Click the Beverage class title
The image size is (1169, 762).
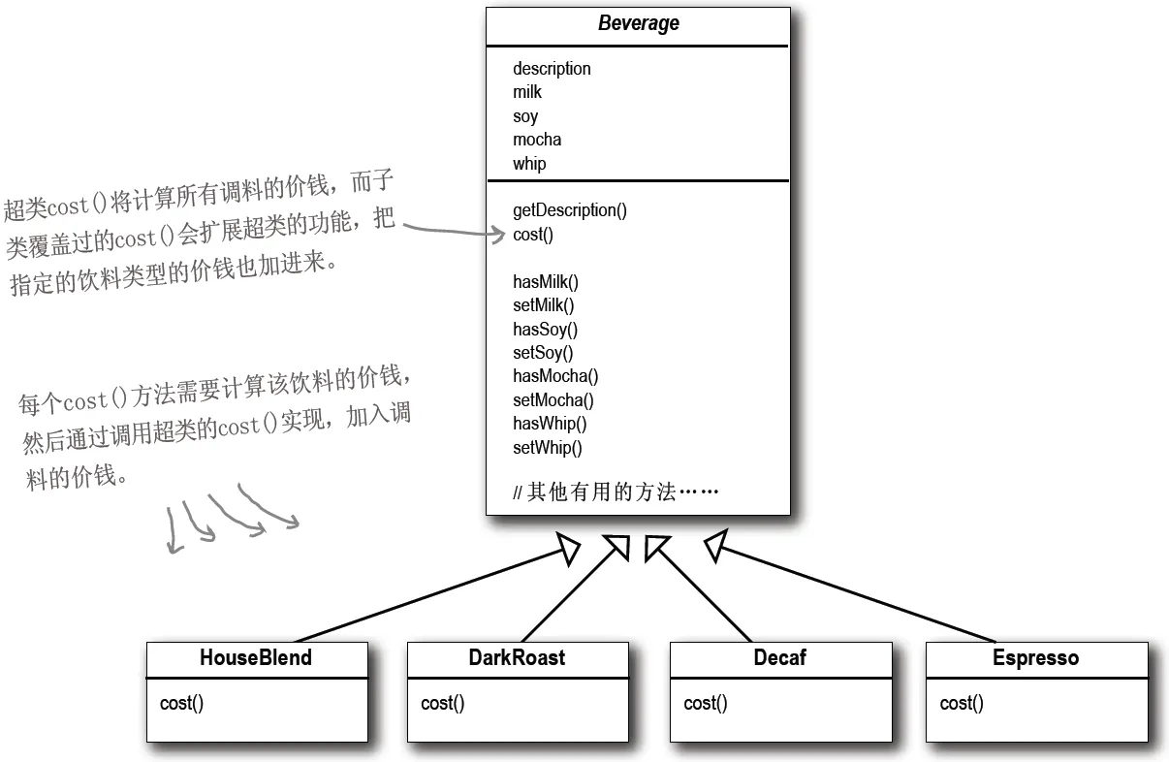point(638,24)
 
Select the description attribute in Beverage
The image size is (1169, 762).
point(552,69)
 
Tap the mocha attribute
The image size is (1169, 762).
point(537,140)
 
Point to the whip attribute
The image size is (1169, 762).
point(529,164)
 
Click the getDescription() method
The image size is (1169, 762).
point(570,210)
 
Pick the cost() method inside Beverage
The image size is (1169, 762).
point(533,235)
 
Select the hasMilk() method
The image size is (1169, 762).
point(545,282)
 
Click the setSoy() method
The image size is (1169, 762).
point(543,353)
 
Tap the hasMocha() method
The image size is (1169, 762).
point(555,376)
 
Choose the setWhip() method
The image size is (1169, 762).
point(548,448)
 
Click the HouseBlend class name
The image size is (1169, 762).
point(256,658)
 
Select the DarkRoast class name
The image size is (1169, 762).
point(517,658)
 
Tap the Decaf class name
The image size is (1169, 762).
point(779,658)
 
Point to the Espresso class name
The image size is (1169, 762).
point(1035,658)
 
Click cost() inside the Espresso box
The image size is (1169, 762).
point(962,704)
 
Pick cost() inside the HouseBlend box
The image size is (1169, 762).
point(181,704)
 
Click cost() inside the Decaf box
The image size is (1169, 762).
point(705,704)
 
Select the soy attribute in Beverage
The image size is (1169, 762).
point(525,116)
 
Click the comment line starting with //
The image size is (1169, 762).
point(616,492)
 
